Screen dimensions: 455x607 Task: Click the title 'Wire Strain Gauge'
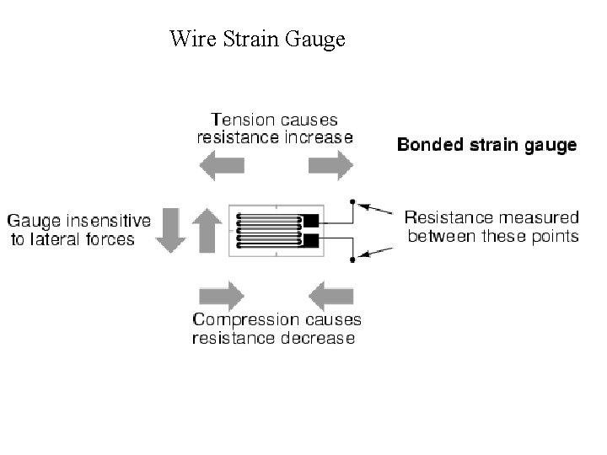click(257, 39)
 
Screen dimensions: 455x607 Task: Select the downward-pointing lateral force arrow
click(172, 229)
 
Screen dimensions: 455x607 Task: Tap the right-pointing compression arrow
click(221, 295)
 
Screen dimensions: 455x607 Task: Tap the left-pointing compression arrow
click(330, 295)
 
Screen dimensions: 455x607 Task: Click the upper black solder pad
click(311, 222)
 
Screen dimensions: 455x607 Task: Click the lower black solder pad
click(311, 242)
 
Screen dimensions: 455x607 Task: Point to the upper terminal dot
click(352, 202)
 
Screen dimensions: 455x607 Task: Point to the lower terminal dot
click(352, 260)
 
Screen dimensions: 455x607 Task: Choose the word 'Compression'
click(245, 319)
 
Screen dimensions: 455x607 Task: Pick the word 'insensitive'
click(111, 221)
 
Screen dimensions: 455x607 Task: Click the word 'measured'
click(540, 217)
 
